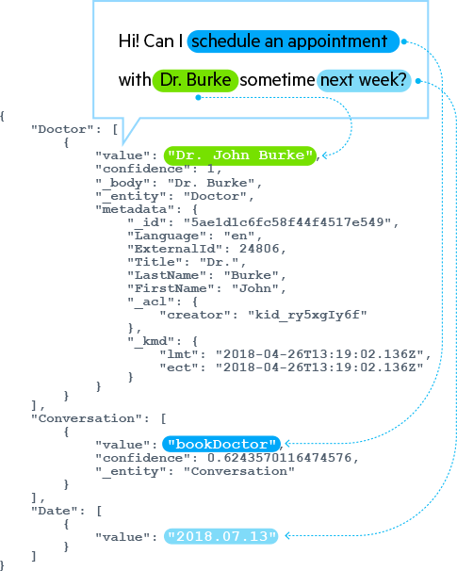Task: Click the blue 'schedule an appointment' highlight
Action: (x=293, y=41)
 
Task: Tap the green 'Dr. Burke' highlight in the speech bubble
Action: (x=195, y=80)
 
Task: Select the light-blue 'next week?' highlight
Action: (x=365, y=80)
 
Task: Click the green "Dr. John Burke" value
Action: (x=239, y=155)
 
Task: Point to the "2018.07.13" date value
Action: (x=221, y=536)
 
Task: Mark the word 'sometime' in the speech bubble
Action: (x=277, y=80)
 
